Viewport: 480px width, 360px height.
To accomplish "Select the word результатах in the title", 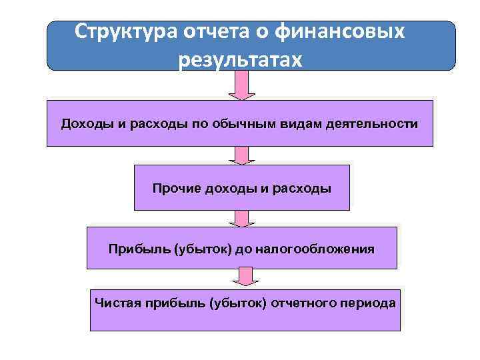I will [x=240, y=60].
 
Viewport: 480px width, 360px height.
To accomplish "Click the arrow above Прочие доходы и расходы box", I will [x=241, y=155].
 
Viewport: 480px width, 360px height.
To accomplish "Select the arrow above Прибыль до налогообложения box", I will [x=241, y=219].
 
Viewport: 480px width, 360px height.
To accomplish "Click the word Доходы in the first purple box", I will [x=81, y=124].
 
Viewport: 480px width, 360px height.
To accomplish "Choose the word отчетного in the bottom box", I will [x=303, y=303].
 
